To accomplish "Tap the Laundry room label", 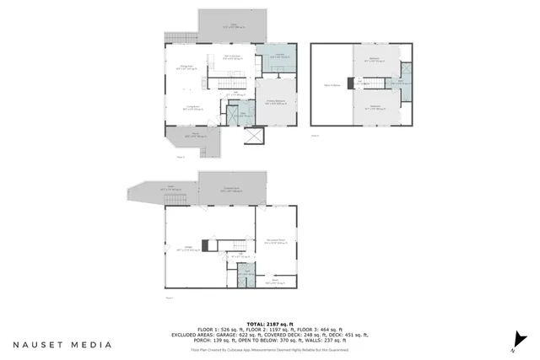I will coord(274,56).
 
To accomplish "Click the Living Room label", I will coord(192,108).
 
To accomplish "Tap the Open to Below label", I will coord(332,85).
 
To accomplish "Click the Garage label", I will coord(186,250).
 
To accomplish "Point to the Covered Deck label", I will coord(231,189).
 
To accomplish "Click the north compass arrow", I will coord(512,347).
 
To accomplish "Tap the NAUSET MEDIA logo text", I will coord(62,344).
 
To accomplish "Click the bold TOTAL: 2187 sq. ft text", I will coord(269,323).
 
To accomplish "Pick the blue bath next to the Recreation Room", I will coord(245,272).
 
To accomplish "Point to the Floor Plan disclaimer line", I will coord(269,349).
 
